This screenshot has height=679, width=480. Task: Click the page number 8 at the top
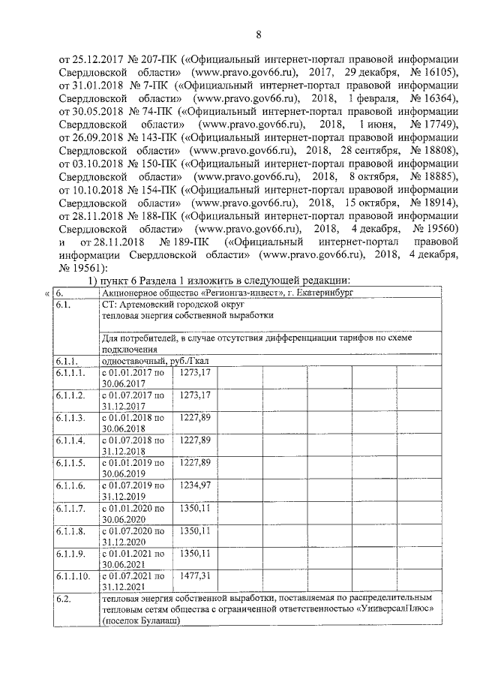pos(258,35)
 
